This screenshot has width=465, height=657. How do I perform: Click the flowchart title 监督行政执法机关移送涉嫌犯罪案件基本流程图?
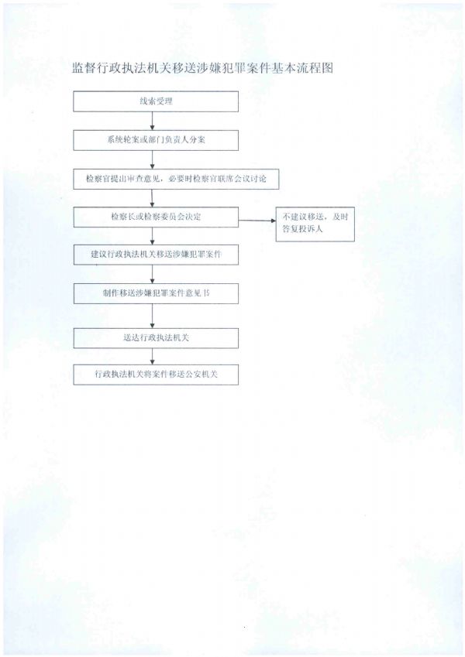(203, 68)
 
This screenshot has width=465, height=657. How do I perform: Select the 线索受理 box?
(156, 101)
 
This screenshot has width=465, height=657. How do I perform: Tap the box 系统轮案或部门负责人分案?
(156, 140)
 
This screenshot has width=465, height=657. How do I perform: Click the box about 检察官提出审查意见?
(176, 179)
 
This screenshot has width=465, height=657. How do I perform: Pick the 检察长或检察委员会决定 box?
(156, 217)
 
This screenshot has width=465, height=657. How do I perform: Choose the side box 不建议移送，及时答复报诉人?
(315, 224)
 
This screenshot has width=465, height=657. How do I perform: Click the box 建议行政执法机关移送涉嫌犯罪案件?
(156, 255)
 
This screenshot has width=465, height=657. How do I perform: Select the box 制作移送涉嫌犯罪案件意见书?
(156, 293)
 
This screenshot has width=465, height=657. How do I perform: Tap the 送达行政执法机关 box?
(156, 338)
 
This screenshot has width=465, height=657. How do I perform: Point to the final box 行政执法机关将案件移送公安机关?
(156, 375)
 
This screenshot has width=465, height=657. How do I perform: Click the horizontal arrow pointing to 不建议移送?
(257, 221)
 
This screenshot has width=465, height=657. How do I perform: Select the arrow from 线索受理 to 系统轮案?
(153, 121)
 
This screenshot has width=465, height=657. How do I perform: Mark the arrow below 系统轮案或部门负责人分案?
(153, 159)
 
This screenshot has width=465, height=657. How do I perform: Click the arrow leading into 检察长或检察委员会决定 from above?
(153, 198)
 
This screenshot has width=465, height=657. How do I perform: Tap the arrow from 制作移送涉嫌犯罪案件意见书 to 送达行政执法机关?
(153, 316)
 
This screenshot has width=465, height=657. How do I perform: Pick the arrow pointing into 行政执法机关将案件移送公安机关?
(153, 357)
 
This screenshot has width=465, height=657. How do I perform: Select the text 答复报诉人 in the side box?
(302, 229)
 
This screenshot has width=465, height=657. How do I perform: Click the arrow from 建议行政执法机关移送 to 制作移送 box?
(153, 274)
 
